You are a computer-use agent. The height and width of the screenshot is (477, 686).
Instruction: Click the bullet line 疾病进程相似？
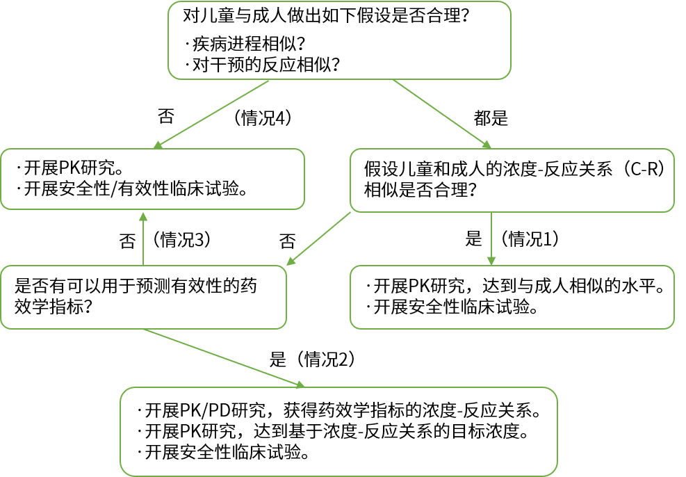tap(247, 45)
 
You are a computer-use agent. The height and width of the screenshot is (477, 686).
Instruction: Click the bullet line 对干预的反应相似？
tap(264, 65)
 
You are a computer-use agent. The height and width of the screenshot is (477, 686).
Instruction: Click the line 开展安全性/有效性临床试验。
tap(135, 188)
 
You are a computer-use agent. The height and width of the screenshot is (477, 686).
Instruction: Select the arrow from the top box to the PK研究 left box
tap(212, 113)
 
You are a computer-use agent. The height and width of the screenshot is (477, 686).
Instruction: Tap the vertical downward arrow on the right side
tap(491, 238)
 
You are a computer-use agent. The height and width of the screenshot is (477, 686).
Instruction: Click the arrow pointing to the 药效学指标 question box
tap(320, 239)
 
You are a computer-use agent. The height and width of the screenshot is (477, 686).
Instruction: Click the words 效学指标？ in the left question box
tap(55, 306)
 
